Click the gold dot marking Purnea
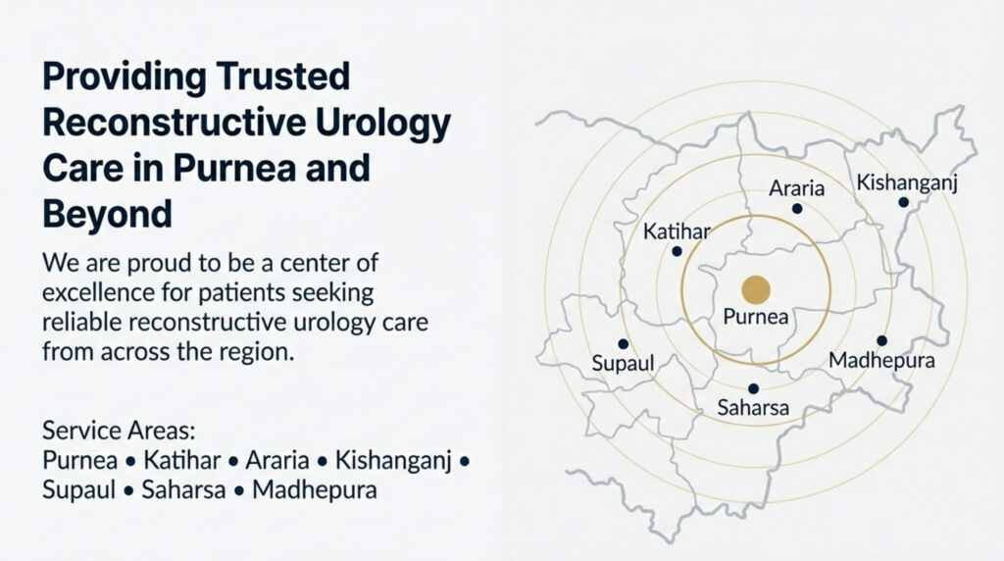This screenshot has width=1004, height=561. [x=756, y=290]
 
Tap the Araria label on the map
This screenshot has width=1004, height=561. [x=796, y=188]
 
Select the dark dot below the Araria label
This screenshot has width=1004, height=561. [x=796, y=208]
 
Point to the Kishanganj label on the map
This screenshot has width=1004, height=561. [x=907, y=183]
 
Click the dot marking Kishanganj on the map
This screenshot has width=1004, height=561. [x=903, y=202]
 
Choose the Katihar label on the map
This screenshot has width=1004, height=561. [x=677, y=231]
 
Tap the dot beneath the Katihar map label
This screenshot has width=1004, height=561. [x=677, y=252]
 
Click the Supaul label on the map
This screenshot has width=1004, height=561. [x=623, y=364]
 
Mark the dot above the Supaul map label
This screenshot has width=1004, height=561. [x=623, y=344]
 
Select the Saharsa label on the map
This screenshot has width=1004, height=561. [x=753, y=407]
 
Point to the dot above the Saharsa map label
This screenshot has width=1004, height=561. [x=754, y=388]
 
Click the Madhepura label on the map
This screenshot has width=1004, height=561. [x=881, y=361]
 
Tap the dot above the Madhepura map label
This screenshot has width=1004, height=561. [x=881, y=340]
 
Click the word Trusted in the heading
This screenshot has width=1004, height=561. [x=282, y=76]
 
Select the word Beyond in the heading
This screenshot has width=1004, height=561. [x=108, y=215]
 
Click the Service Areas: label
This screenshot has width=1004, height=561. [x=119, y=431]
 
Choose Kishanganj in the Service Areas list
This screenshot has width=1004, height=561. [x=393, y=461]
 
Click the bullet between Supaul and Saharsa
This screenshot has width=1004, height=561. [x=128, y=491]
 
